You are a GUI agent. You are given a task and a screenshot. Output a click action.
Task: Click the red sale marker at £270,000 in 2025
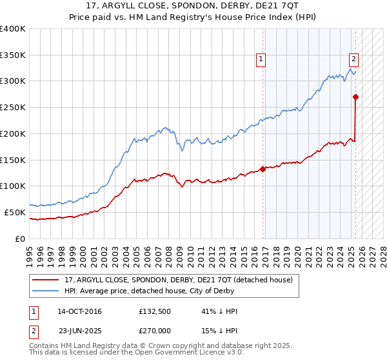tap(355, 97)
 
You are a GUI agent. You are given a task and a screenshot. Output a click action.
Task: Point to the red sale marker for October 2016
tap(263, 170)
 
